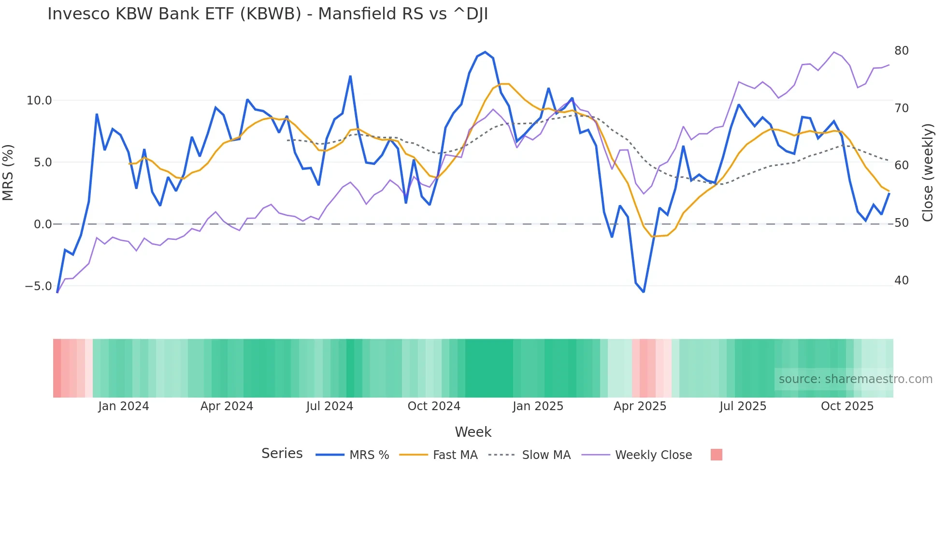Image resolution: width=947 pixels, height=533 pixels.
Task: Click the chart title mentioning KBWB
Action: tap(267, 14)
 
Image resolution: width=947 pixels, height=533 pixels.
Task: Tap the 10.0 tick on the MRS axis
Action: tap(39, 101)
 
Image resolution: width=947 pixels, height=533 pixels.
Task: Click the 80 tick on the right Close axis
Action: tap(901, 51)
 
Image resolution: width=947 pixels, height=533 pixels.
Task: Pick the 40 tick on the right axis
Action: tap(901, 281)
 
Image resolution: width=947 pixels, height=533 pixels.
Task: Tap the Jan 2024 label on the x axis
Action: tap(123, 406)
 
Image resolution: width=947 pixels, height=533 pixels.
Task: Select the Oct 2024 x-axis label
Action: tap(434, 406)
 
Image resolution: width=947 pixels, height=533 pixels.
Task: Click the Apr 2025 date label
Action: tap(640, 406)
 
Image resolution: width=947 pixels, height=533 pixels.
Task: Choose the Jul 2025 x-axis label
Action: tap(743, 406)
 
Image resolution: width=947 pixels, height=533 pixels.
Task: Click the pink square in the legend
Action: tap(716, 455)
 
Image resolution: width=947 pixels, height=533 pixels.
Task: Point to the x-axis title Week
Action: tap(473, 432)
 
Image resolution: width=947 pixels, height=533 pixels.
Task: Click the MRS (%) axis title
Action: tap(8, 172)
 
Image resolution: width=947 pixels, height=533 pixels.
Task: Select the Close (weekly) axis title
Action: tap(927, 172)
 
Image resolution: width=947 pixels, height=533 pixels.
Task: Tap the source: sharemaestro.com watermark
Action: tap(855, 379)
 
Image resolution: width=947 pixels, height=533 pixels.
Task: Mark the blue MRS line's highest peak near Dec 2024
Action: tap(485, 52)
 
